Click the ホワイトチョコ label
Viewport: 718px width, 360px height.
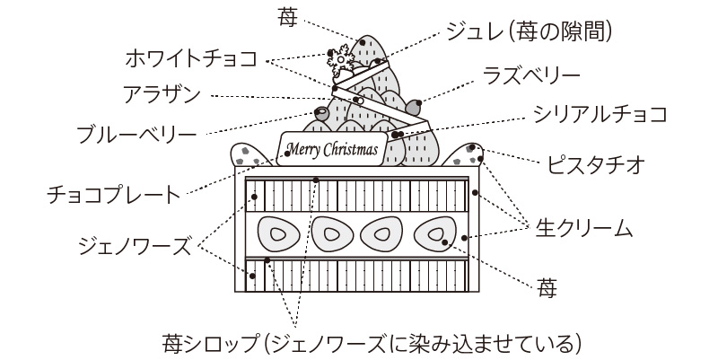(x=191, y=59)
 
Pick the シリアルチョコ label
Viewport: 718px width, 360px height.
(x=599, y=114)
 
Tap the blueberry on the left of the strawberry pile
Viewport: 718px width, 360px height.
(x=321, y=114)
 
